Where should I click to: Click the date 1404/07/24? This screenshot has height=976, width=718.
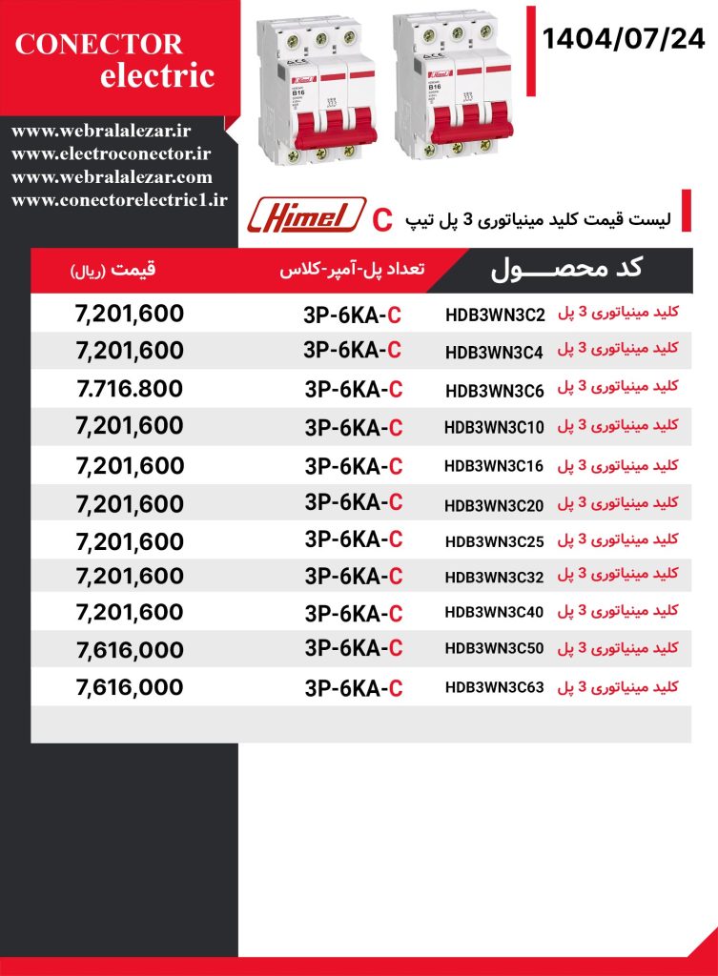click(624, 39)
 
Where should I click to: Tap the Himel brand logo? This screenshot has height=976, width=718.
click(306, 215)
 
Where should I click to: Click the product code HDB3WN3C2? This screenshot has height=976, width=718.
click(494, 315)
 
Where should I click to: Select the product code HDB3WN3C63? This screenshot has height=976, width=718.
click(494, 686)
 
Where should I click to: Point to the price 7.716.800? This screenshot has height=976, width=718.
click(129, 389)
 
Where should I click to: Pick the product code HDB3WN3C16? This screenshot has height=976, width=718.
click(494, 466)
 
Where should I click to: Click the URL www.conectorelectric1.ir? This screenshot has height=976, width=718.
click(119, 199)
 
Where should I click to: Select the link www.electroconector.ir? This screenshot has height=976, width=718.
click(112, 153)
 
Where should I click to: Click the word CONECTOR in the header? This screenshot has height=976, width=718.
click(99, 44)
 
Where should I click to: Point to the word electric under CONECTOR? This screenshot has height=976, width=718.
click(157, 76)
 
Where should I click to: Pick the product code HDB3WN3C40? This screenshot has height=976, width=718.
click(494, 612)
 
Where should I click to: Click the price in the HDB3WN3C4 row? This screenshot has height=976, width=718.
click(129, 351)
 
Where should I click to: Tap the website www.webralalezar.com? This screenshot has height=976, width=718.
click(112, 176)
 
